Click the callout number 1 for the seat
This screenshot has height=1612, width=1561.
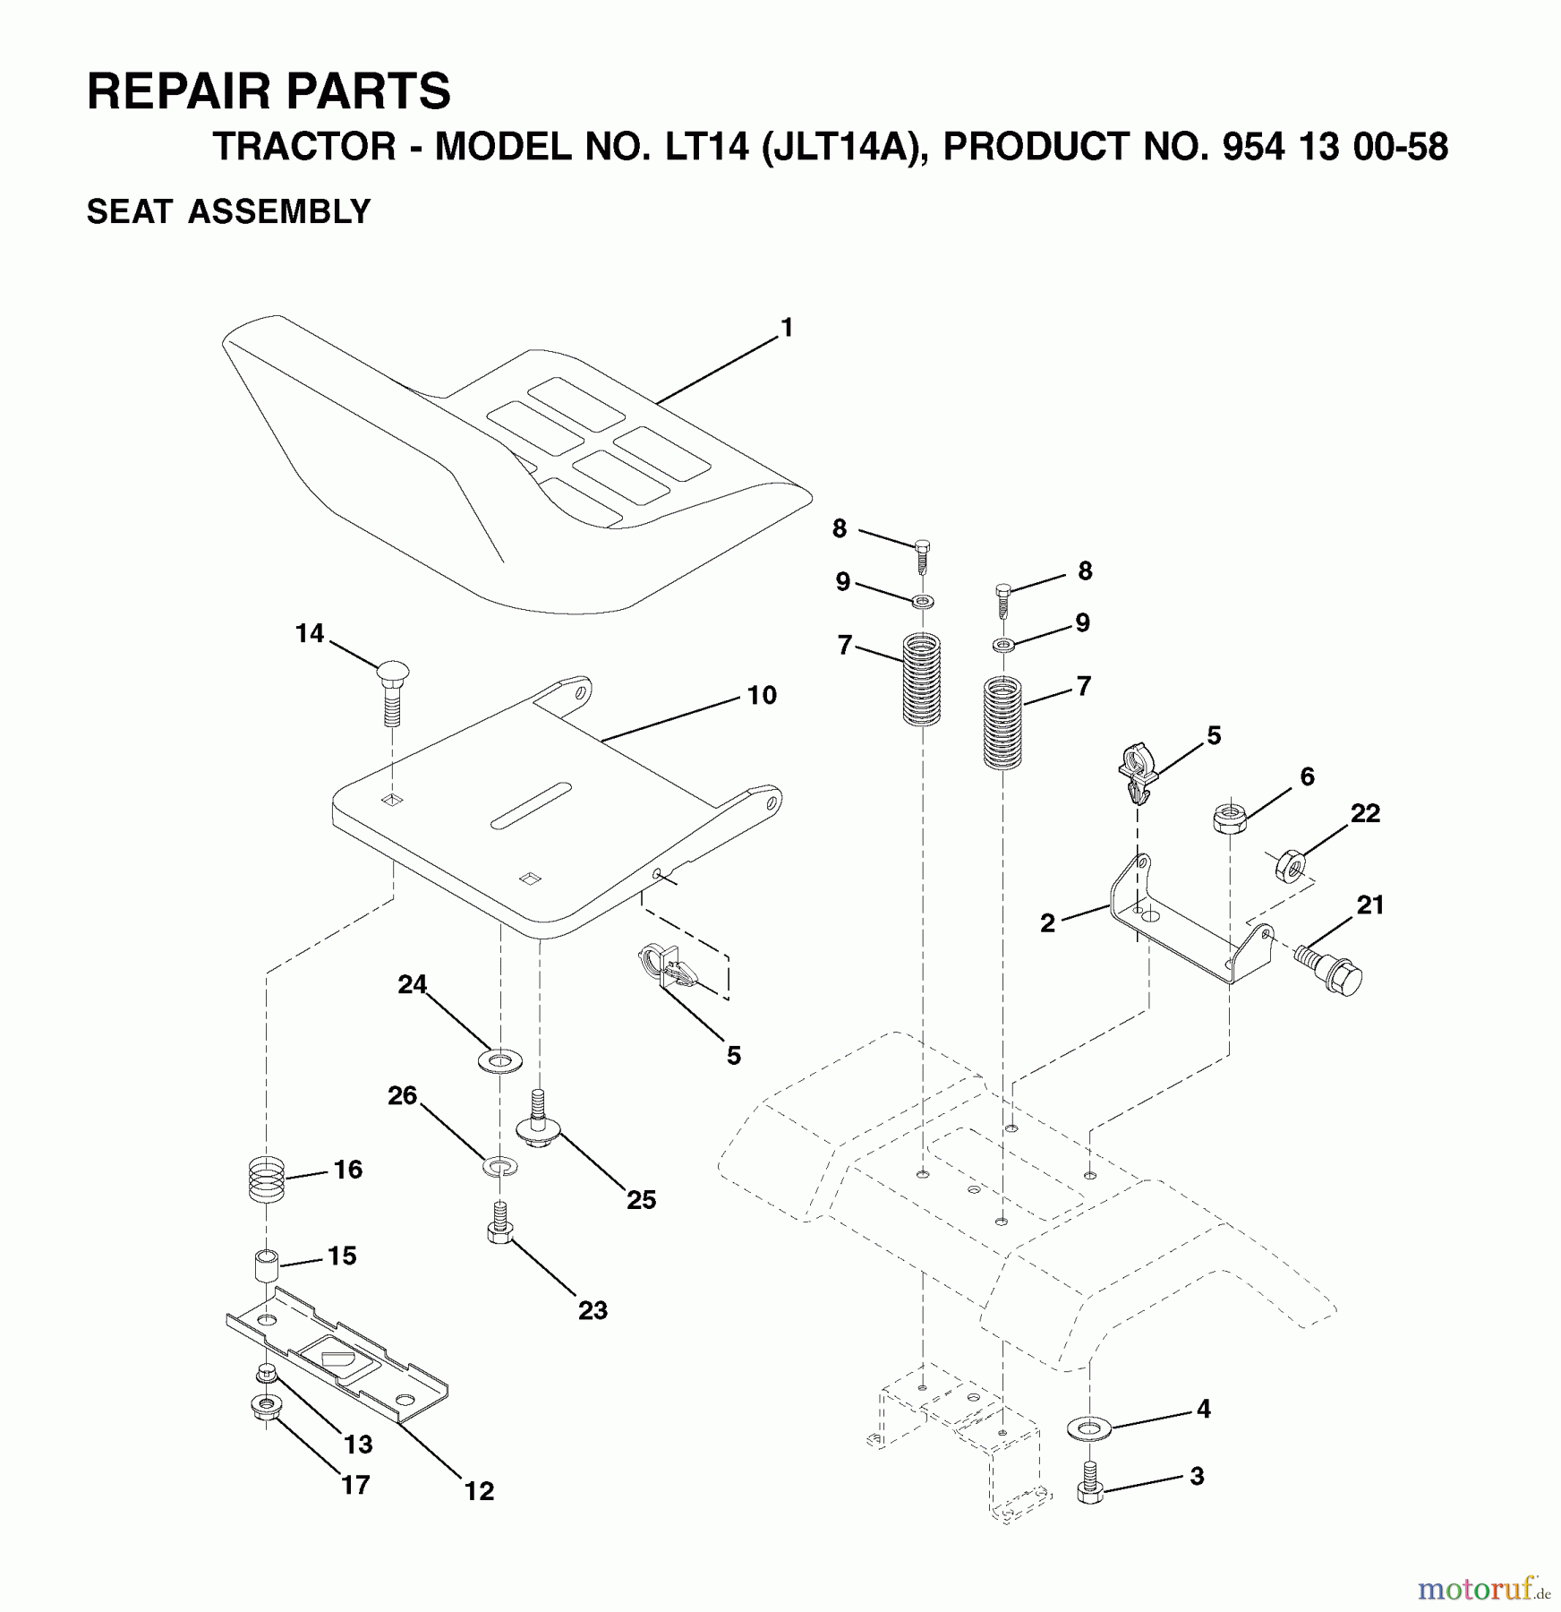787,329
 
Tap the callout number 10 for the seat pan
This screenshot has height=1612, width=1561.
762,695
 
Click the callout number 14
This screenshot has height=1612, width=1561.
310,634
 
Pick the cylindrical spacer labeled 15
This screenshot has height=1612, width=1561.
266,1265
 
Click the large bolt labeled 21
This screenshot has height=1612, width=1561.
1328,968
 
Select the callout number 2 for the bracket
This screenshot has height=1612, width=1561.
1047,923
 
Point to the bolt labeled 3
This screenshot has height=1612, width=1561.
1089,1482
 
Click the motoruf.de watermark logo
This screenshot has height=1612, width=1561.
1483,1589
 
